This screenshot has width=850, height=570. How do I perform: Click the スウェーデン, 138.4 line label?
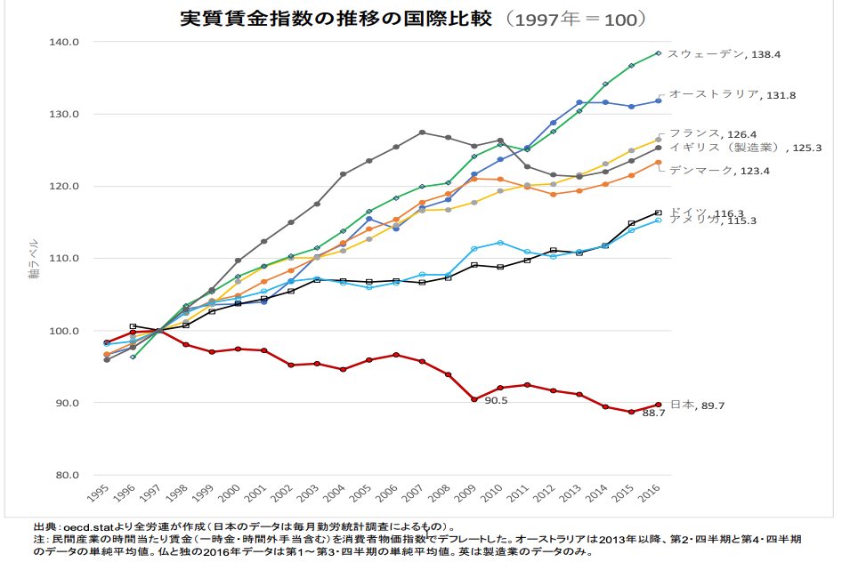[x=724, y=54]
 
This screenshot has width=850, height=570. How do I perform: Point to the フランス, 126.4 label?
[x=711, y=133]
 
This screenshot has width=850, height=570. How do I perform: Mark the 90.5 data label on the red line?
[x=495, y=401]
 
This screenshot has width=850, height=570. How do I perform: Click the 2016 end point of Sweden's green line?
[x=658, y=53]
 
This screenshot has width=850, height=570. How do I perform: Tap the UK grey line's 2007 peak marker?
[x=422, y=132]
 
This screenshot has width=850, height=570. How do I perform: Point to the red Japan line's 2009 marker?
[x=474, y=399]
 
